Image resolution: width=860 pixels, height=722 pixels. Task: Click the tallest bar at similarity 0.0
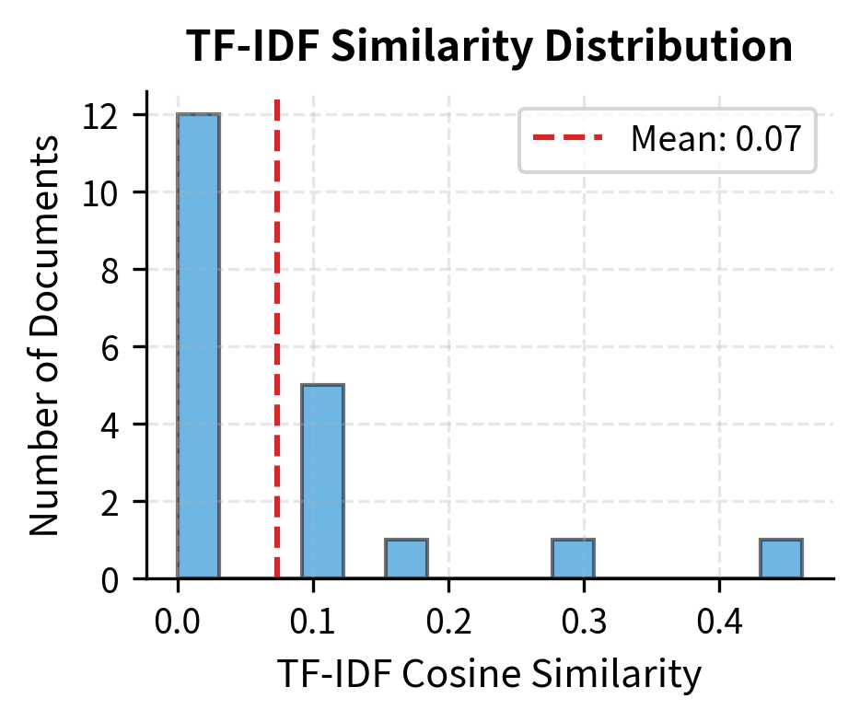click(198, 346)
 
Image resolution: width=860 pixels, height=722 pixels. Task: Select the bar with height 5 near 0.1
click(323, 482)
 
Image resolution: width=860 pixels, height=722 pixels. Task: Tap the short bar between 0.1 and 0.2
click(406, 559)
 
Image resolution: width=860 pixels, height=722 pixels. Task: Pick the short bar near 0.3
click(573, 559)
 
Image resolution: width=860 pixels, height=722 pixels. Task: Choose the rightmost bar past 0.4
click(781, 559)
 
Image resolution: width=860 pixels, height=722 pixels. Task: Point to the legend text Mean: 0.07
click(715, 140)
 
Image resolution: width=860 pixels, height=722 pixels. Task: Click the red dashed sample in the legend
click(567, 139)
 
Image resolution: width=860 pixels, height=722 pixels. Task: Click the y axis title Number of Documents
click(44, 335)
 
